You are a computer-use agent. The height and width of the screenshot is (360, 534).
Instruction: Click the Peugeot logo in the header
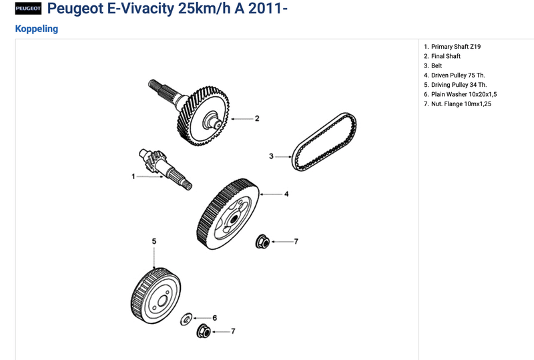pyautogui.click(x=28, y=9)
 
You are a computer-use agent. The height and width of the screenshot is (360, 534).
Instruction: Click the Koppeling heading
pyautogui.click(x=37, y=29)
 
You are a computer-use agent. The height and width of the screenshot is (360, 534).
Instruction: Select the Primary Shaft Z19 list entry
pyautogui.click(x=453, y=47)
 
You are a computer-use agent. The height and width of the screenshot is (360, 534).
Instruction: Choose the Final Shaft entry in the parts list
pyautogui.click(x=442, y=56)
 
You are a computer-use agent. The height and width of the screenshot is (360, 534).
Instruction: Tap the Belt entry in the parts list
pyautogui.click(x=433, y=66)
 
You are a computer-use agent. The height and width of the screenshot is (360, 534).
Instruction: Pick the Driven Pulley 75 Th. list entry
pyautogui.click(x=455, y=75)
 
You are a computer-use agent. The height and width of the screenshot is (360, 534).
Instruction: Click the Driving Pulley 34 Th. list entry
pyautogui.click(x=455, y=85)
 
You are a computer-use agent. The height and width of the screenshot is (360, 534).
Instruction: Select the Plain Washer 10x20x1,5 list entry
pyautogui.click(x=460, y=94)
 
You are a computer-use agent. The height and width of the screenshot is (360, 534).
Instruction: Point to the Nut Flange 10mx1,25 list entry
pyautogui.click(x=457, y=104)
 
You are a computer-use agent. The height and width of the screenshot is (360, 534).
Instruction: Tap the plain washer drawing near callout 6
pyautogui.click(x=186, y=319)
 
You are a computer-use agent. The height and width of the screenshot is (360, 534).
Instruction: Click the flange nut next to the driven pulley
pyautogui.click(x=262, y=242)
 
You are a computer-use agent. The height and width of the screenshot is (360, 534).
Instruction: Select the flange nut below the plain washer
pyautogui.click(x=204, y=331)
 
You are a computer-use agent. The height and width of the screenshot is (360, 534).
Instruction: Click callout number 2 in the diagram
pyautogui.click(x=257, y=119)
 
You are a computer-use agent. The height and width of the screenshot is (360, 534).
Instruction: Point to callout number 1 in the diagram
pyautogui.click(x=133, y=176)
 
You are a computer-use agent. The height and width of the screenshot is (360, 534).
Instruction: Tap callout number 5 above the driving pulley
pyautogui.click(x=154, y=241)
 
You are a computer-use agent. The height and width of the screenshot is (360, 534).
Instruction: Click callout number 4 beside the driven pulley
pyautogui.click(x=286, y=194)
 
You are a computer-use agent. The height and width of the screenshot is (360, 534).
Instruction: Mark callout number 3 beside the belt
pyautogui.click(x=271, y=156)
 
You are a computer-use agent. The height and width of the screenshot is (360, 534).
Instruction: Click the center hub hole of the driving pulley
pyautogui.click(x=162, y=301)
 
